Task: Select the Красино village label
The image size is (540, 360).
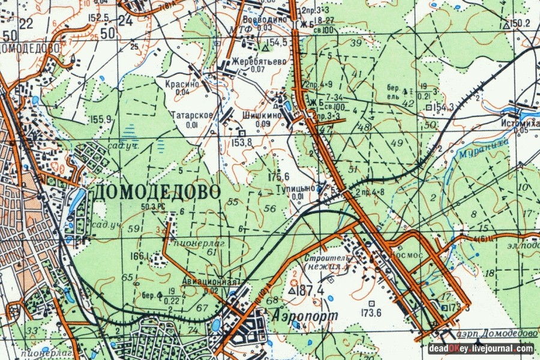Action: point(179,85)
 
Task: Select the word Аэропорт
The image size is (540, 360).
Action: point(296,315)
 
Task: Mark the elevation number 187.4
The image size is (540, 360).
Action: point(310,291)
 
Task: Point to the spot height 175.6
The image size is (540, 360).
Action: point(279,176)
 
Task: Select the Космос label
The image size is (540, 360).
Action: point(406,254)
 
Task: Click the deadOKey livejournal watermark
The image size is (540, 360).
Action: point(481,348)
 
